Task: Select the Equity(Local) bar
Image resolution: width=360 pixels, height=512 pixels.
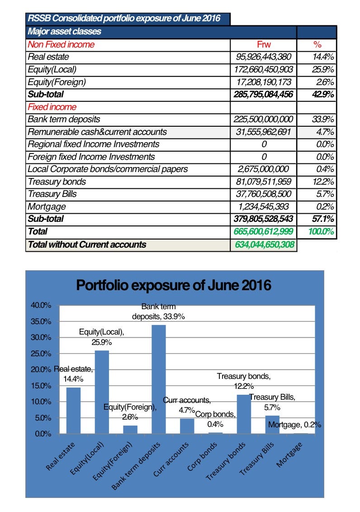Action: click(x=102, y=392)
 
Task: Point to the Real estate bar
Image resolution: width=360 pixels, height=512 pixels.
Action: click(x=73, y=411)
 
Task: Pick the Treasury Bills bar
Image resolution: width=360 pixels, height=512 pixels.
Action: click(x=272, y=425)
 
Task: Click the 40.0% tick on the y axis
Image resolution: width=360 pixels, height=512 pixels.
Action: click(x=41, y=305)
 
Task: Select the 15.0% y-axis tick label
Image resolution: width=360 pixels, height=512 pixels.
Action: click(x=41, y=386)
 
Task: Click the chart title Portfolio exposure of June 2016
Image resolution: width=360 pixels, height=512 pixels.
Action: click(x=174, y=286)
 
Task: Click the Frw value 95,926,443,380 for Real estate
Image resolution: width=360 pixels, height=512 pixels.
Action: click(x=264, y=57)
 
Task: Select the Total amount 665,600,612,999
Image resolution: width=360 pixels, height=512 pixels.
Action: click(x=264, y=232)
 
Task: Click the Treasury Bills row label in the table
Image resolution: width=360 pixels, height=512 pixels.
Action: click(x=52, y=194)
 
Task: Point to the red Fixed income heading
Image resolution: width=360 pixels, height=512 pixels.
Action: click(x=52, y=107)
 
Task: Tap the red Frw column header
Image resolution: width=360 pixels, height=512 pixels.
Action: click(x=263, y=45)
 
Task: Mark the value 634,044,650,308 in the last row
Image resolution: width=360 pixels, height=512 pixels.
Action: click(x=264, y=245)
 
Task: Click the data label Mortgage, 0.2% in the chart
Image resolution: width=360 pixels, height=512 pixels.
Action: click(x=294, y=425)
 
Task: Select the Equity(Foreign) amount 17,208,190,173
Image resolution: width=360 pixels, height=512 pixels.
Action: click(x=264, y=82)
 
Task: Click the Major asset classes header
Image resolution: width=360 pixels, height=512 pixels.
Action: click(x=64, y=32)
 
